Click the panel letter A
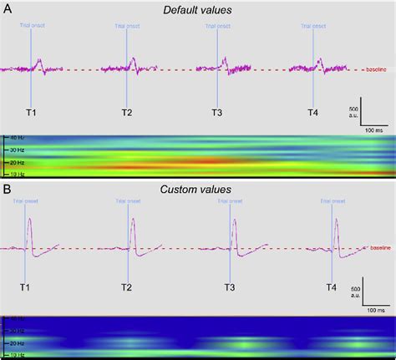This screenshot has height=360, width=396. (7, 7)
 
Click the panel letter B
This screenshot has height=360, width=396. (7, 190)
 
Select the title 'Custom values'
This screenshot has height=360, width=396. (197, 190)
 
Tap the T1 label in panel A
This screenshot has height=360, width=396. (31, 112)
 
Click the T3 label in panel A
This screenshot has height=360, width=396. (216, 112)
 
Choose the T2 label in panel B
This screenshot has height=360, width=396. (127, 287)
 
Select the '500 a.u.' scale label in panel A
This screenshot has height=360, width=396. (354, 114)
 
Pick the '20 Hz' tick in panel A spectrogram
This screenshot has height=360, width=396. (14, 162)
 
